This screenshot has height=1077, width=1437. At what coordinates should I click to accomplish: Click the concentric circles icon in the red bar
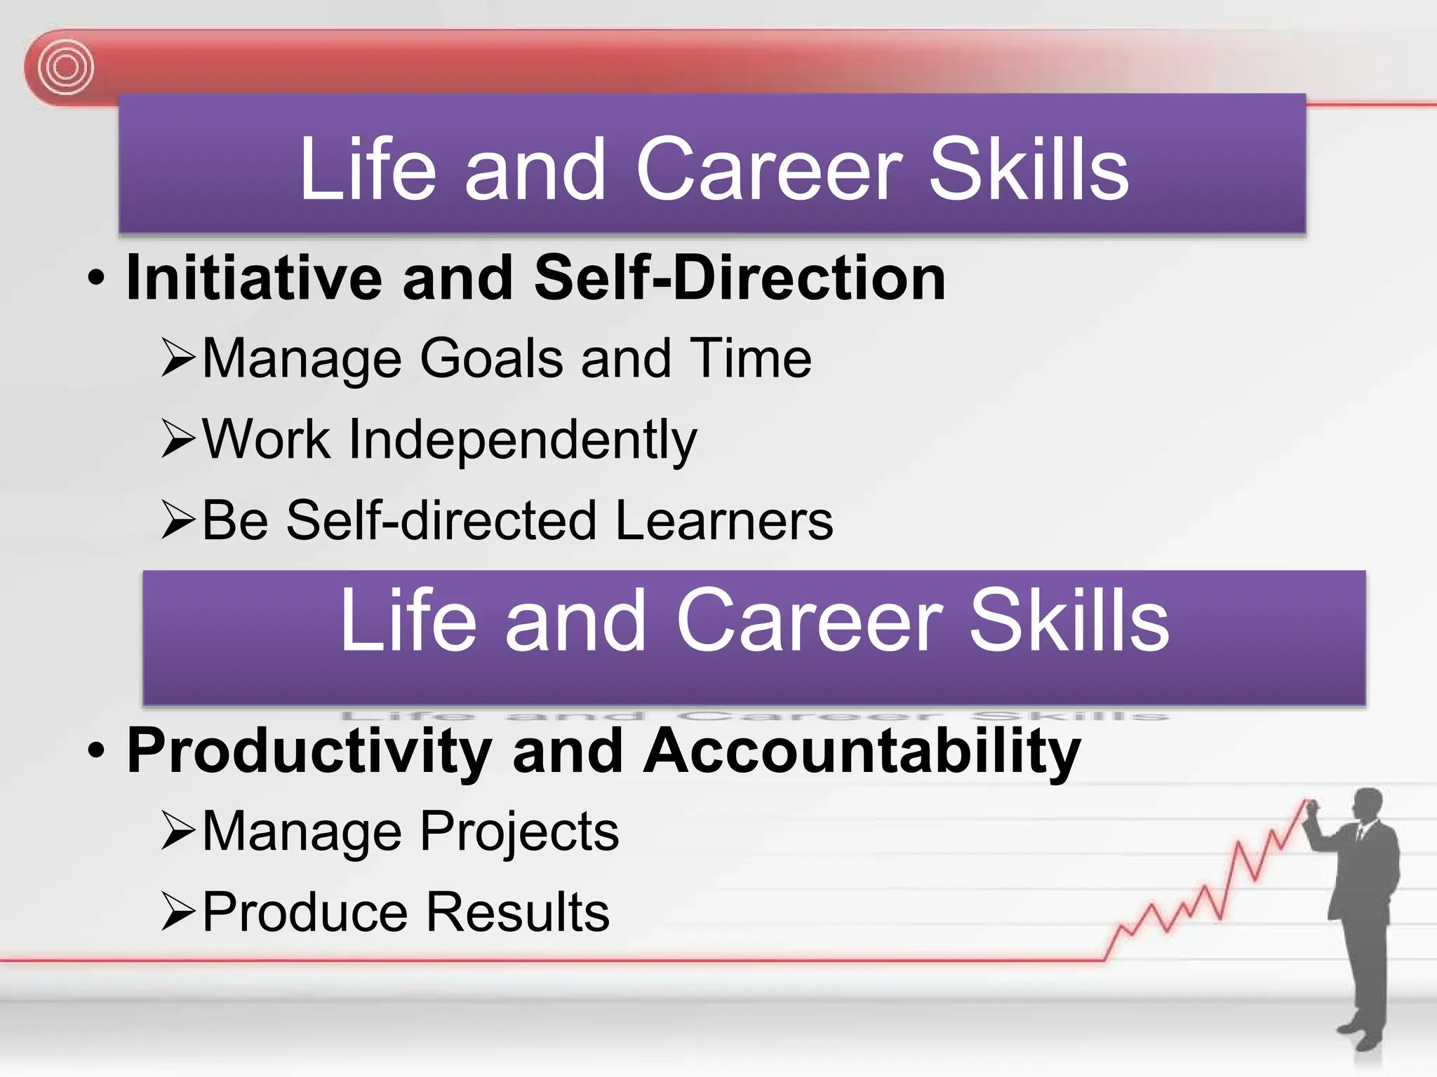65,67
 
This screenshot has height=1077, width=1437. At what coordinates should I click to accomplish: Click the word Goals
491,359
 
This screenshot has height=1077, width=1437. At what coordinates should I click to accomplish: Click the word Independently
523,440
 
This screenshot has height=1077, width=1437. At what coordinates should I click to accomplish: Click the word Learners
724,520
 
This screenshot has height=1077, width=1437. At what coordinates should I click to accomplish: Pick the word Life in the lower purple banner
408,620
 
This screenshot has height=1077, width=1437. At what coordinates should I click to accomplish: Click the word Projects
519,832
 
